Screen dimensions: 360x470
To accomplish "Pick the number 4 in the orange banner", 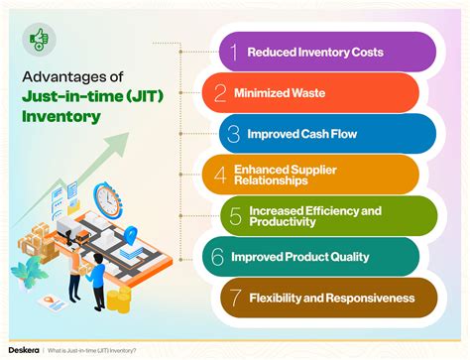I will (x=220, y=176).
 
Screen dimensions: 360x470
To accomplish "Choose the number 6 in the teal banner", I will (x=217, y=257).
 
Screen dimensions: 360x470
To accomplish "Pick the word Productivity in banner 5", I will (x=281, y=223).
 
